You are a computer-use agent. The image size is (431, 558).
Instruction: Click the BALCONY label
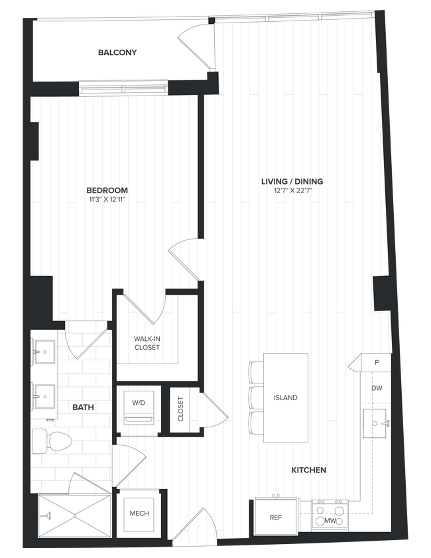click(x=117, y=52)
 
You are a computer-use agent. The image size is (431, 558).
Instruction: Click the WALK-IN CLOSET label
click(x=147, y=342)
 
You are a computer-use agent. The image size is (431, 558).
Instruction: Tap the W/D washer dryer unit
click(x=139, y=407)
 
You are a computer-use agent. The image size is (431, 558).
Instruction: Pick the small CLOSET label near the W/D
click(x=181, y=409)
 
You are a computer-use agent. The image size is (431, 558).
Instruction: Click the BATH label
click(x=83, y=408)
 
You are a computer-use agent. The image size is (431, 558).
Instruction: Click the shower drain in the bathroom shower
click(x=74, y=515)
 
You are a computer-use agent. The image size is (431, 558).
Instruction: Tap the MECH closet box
click(x=139, y=514)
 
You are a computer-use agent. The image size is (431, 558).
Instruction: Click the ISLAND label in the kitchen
click(x=285, y=398)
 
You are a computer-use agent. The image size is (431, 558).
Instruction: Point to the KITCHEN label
click(x=309, y=470)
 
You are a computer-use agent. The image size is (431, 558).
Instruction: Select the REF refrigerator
click(x=276, y=518)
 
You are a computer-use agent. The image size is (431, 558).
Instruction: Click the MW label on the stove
click(x=330, y=521)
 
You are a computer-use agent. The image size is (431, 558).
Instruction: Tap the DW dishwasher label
click(x=377, y=388)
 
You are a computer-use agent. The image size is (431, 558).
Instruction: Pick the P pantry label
click(x=376, y=363)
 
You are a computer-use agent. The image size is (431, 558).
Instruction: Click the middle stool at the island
click(x=257, y=398)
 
